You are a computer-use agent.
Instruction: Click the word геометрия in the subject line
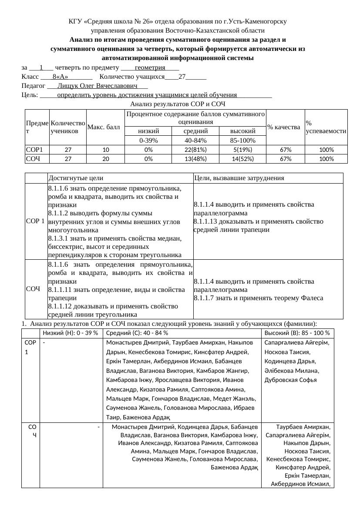point(150,67)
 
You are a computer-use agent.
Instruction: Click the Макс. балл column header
point(103,127)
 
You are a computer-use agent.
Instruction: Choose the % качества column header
point(284,127)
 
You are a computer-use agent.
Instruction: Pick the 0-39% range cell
point(148,141)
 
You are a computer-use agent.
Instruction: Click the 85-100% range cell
point(242,141)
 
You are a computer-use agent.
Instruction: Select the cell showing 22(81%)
point(195,150)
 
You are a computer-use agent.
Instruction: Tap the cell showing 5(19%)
point(242,150)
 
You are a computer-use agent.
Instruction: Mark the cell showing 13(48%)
point(195,159)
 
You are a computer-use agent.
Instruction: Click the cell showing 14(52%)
point(242,159)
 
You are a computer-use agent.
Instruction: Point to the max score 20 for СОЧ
point(105,159)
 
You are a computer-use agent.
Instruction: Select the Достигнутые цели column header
point(76,178)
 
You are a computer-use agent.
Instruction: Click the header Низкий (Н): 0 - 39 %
point(71,333)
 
